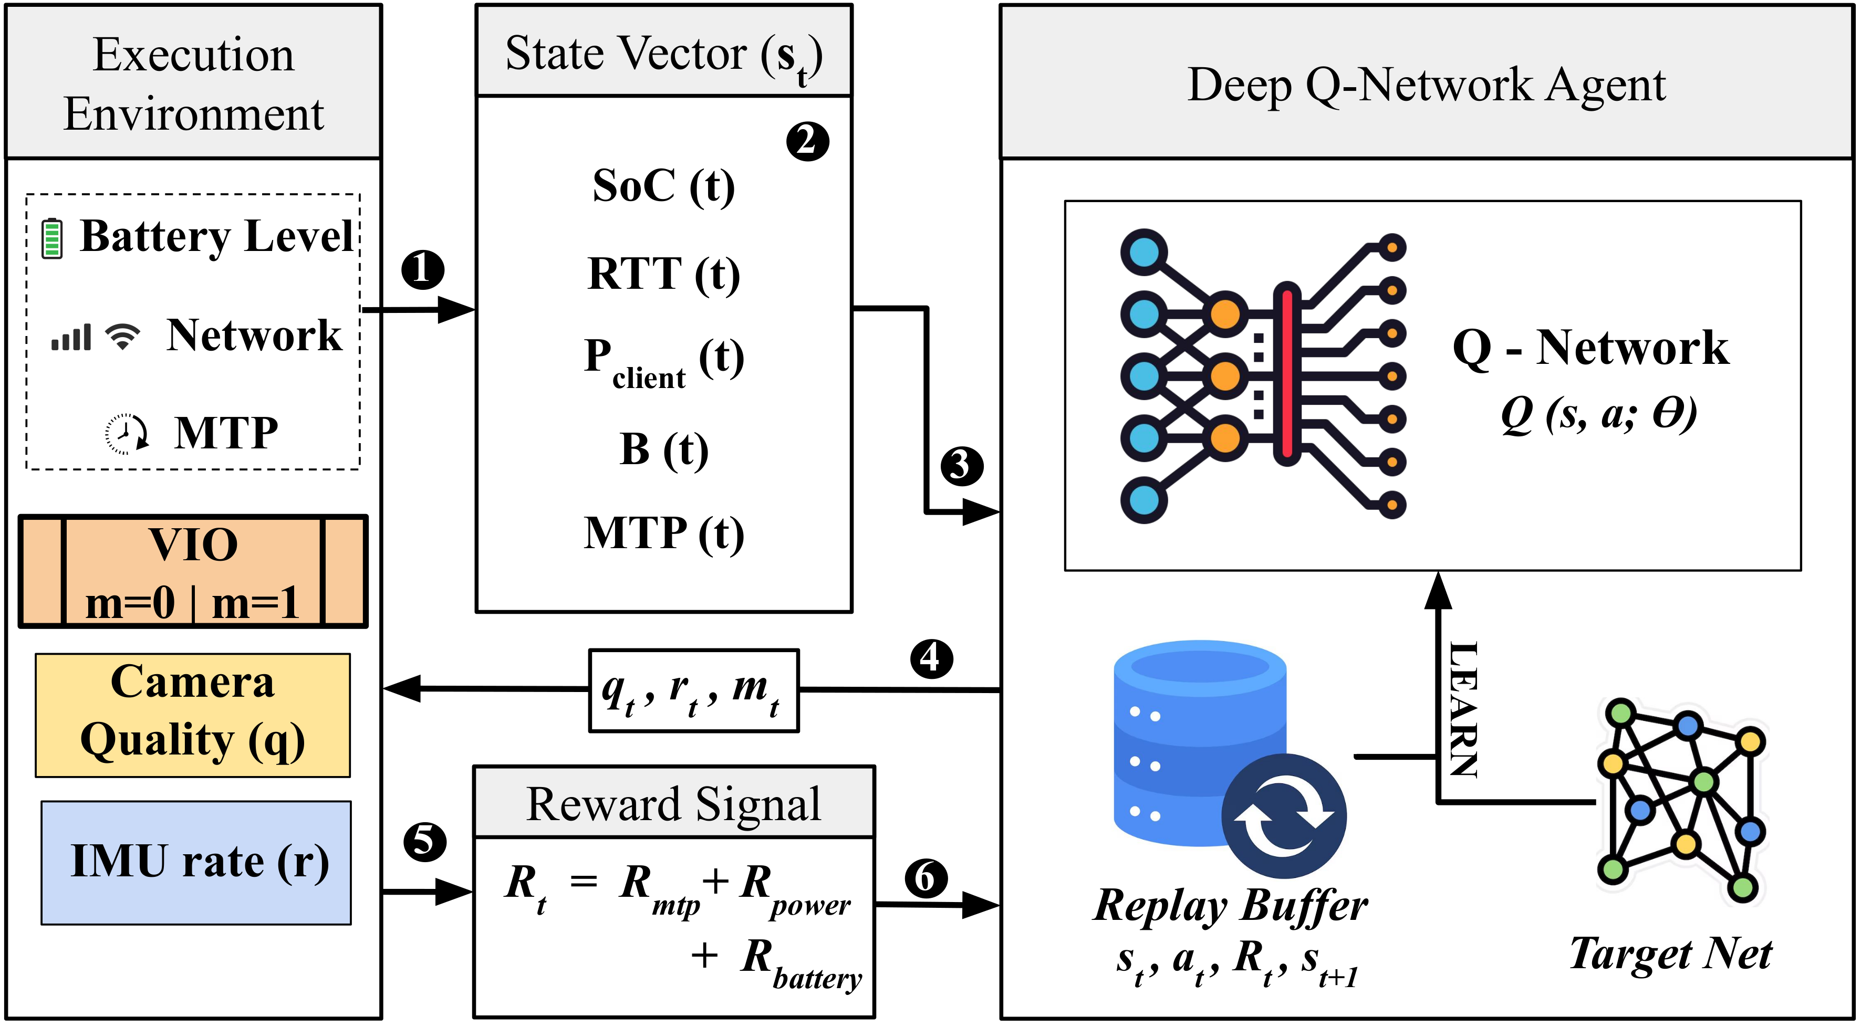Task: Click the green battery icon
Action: (x=51, y=238)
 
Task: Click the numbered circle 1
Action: (x=423, y=270)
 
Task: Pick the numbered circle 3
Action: (x=962, y=466)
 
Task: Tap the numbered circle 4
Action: (x=931, y=658)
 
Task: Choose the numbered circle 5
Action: (x=425, y=841)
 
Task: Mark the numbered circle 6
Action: (x=926, y=878)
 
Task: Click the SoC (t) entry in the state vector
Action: (x=663, y=186)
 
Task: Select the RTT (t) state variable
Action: (x=663, y=275)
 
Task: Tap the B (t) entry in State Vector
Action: (x=663, y=449)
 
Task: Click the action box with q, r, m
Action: (x=693, y=691)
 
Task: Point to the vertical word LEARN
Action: (x=1463, y=709)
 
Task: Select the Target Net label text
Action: (x=1670, y=954)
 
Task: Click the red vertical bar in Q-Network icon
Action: (x=1287, y=374)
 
